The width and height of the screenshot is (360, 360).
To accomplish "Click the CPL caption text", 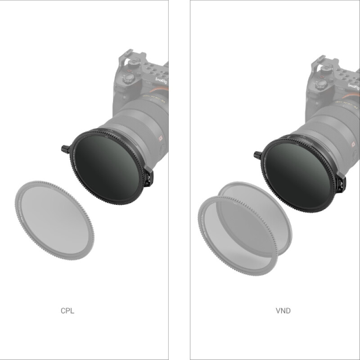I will (67, 310).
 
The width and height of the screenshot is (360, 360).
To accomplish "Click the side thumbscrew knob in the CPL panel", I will (64, 148).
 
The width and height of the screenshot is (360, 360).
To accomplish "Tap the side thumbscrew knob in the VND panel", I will (257, 155).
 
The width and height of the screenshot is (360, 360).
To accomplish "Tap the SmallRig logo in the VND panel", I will (353, 86).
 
